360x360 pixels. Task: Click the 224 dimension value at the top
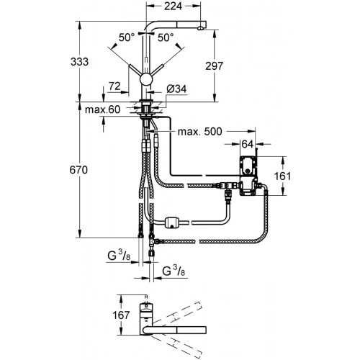tap(173, 6)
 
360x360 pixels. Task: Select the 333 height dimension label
tap(79, 62)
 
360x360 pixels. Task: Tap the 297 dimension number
tap(214, 66)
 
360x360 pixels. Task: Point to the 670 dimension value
tap(78, 170)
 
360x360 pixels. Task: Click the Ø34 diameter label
tap(176, 89)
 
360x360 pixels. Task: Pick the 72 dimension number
tap(114, 86)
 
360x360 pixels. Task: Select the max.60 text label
tap(102, 109)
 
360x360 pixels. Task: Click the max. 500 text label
tap(199, 132)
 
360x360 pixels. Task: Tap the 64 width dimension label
tap(248, 144)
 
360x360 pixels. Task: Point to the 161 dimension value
tap(282, 176)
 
